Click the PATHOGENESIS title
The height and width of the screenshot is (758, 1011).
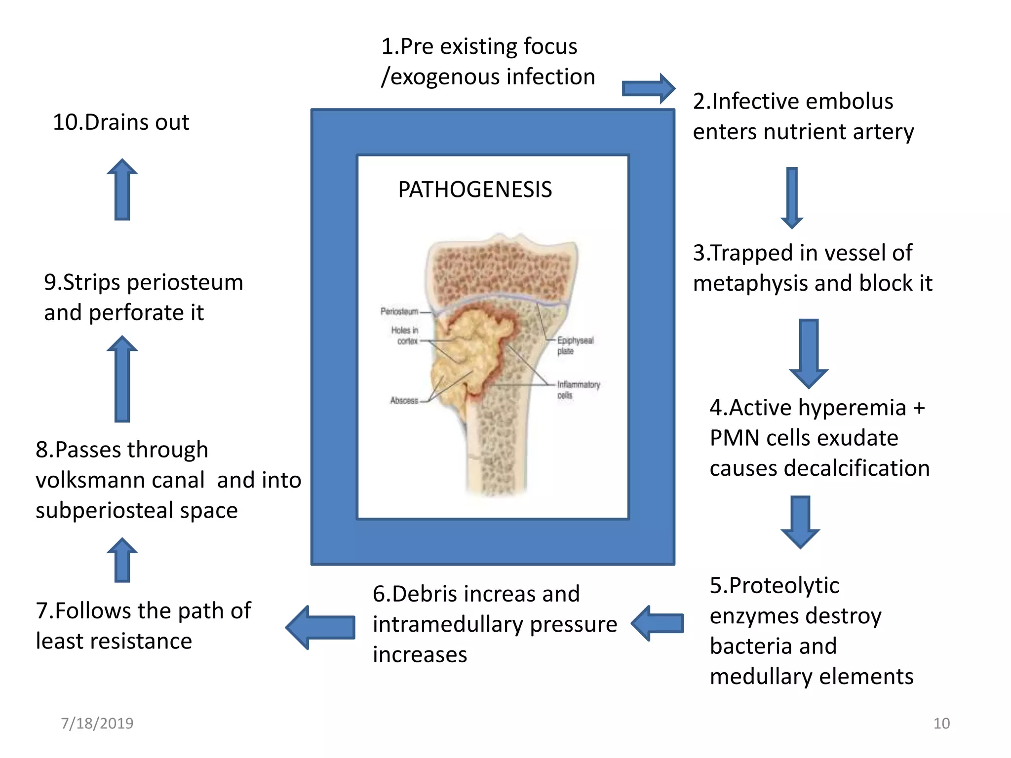click(475, 190)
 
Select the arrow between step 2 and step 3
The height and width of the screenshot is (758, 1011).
click(792, 197)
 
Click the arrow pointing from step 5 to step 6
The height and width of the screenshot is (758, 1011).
click(658, 623)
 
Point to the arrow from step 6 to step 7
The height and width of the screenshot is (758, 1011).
click(321, 627)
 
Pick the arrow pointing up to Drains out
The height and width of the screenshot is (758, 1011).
click(122, 189)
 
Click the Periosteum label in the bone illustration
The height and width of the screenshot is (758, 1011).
click(399, 311)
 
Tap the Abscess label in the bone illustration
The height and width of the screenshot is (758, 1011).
click(404, 401)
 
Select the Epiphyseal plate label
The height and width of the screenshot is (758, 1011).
click(575, 345)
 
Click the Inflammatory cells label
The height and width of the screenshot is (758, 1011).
click(578, 389)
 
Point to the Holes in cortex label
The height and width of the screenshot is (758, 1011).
click(405, 336)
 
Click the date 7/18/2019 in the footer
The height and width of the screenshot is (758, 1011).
click(97, 723)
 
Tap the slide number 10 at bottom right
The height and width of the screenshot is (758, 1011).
click(941, 723)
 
